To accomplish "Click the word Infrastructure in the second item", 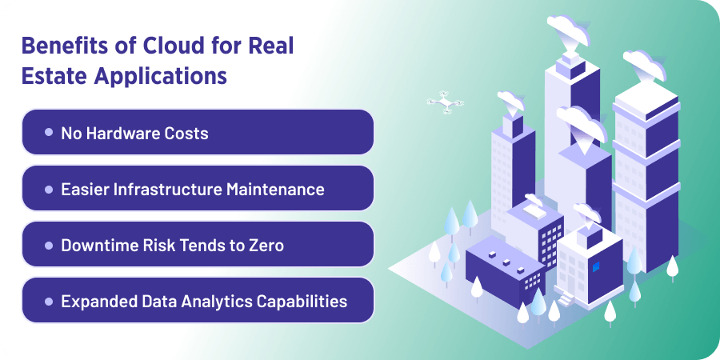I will click(161, 189).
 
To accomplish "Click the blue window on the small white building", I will click(594, 265).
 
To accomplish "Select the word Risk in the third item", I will click(158, 245).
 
